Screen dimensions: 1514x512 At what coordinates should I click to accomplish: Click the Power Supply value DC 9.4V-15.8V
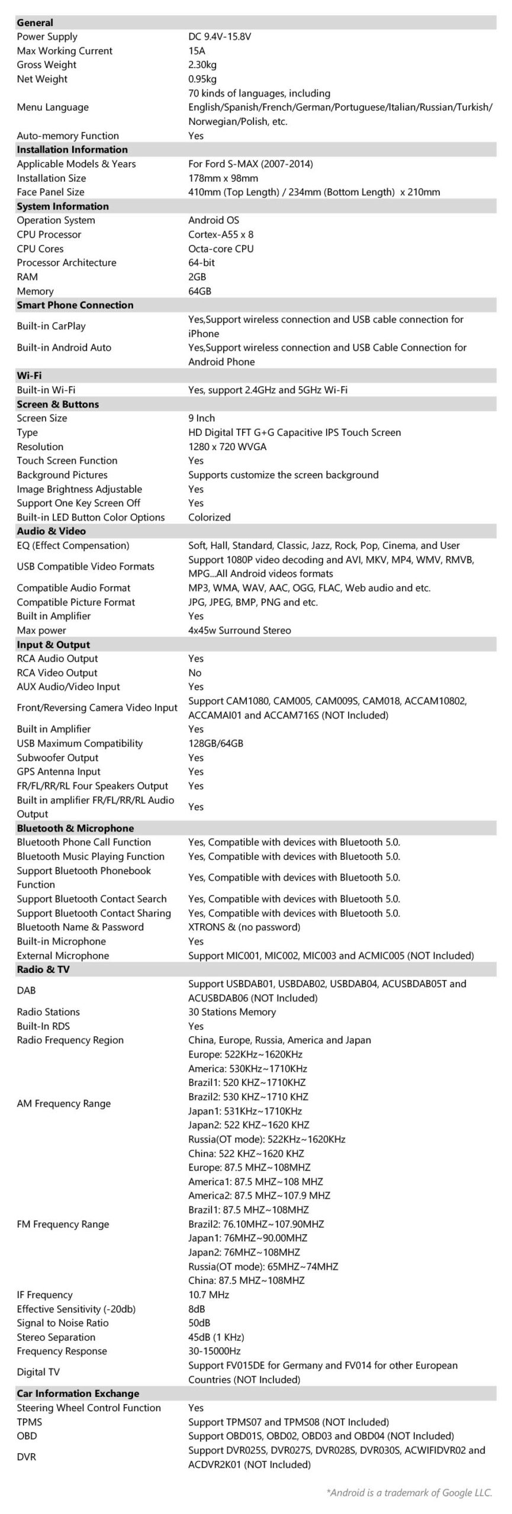(220, 37)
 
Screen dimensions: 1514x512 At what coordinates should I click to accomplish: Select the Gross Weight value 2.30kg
(203, 65)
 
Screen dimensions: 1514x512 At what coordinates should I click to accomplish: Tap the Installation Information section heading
(72, 150)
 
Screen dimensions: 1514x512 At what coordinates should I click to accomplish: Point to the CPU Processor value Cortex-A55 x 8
(221, 234)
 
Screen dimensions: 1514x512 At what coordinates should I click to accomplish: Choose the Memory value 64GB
(199, 291)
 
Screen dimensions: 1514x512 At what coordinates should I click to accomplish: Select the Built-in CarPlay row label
(51, 326)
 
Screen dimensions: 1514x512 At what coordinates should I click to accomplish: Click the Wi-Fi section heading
(29, 376)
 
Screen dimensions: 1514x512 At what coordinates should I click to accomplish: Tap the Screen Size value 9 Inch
(201, 418)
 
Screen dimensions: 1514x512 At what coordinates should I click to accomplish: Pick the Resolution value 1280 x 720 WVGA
(227, 447)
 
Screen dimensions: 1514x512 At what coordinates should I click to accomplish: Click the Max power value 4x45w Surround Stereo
(239, 630)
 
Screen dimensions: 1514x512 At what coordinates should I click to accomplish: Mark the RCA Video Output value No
(195, 673)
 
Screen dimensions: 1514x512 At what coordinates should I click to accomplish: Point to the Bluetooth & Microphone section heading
(75, 828)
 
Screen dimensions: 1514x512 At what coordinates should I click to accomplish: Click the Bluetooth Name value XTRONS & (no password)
(244, 927)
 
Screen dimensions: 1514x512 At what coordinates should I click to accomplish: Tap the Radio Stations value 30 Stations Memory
(232, 1012)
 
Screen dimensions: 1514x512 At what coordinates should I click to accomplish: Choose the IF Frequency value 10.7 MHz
(208, 1295)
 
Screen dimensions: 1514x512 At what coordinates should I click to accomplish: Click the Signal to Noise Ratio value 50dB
(199, 1323)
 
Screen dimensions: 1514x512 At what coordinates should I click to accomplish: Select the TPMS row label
(29, 1422)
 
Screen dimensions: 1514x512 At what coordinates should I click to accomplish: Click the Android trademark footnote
(409, 1493)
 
